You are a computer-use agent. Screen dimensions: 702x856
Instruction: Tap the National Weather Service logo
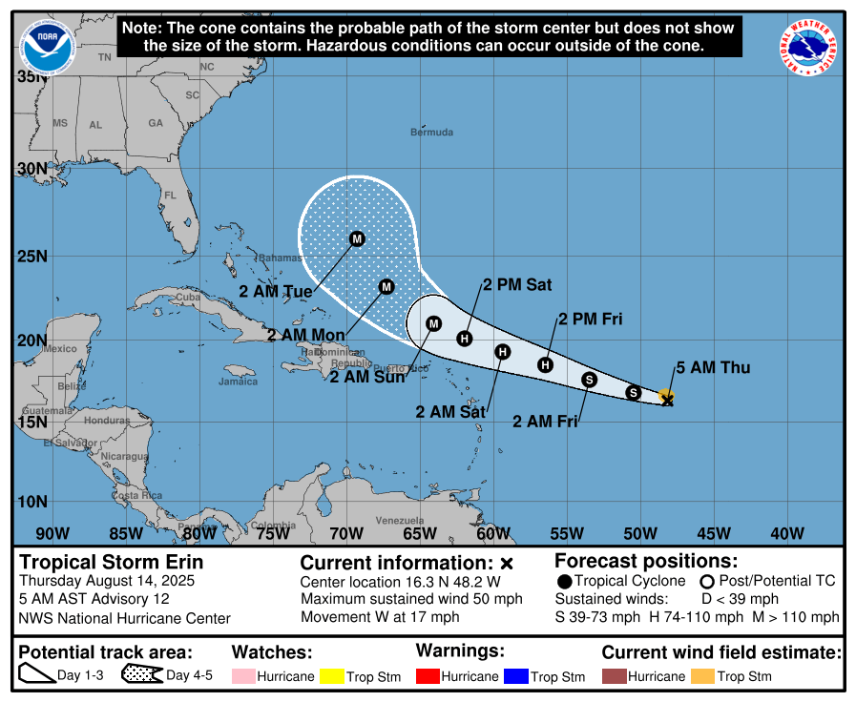(809, 47)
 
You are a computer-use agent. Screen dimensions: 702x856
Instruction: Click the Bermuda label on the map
(431, 132)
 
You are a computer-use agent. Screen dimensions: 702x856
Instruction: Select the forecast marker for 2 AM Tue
(357, 238)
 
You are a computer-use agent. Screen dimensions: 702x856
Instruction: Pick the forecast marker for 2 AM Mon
(386, 286)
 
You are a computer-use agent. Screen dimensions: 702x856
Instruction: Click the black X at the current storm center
(668, 401)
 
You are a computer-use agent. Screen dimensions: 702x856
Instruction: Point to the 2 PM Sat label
(517, 284)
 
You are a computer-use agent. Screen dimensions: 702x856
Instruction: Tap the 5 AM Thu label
(713, 367)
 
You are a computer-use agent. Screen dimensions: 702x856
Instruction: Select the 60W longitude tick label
(492, 533)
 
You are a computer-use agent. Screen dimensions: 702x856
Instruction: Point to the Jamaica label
(238, 382)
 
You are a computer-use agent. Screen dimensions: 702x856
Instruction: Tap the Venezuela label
(399, 520)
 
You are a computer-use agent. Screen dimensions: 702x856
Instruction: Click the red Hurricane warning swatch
(427, 676)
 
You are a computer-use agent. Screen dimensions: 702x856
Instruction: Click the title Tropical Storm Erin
(112, 562)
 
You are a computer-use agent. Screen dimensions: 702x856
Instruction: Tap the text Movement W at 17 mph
(380, 617)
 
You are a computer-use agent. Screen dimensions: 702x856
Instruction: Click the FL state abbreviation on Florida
(171, 195)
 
